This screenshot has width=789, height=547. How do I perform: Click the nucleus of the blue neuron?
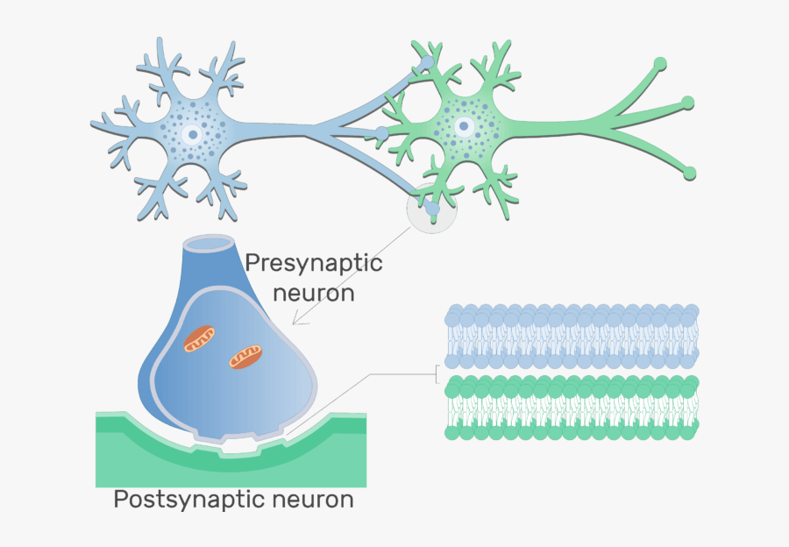tap(192, 135)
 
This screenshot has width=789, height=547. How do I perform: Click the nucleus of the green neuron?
tap(464, 127)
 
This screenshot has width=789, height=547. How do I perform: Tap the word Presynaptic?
tap(314, 263)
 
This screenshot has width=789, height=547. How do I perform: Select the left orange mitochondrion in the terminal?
tap(200, 338)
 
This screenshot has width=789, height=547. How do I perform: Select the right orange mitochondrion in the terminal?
tap(245, 355)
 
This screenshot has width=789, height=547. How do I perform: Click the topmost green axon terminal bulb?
tap(660, 63)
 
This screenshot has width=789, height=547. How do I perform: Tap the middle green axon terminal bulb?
tap(689, 103)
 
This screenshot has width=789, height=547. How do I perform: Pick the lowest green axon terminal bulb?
tap(690, 172)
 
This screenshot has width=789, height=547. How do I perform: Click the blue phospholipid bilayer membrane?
tap(572, 336)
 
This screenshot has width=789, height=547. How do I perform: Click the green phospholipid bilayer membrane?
tap(572, 407)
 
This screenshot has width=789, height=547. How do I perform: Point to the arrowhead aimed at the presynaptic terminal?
tap(296, 321)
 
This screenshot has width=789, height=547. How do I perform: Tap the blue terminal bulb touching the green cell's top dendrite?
tap(425, 63)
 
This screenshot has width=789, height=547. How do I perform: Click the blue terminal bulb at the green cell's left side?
tap(381, 134)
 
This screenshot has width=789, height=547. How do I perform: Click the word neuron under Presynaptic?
tap(314, 292)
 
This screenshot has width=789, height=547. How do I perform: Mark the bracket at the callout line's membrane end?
tap(437, 375)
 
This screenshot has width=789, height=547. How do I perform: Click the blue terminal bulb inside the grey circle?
tap(432, 209)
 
